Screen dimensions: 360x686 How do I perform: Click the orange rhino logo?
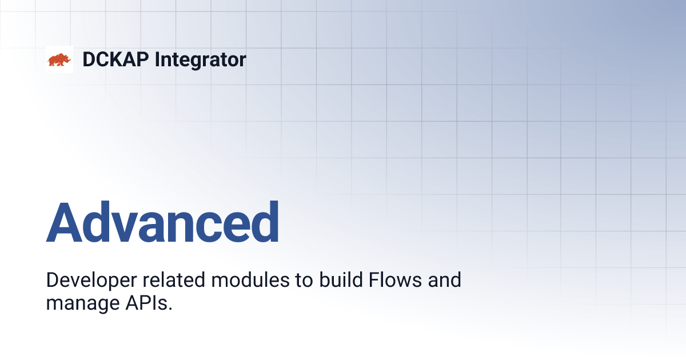[x=59, y=59]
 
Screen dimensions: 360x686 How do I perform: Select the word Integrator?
[x=200, y=59]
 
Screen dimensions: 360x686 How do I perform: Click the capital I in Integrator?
[x=157, y=59]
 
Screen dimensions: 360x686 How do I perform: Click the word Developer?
[x=88, y=281]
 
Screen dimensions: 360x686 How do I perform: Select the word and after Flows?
[x=443, y=281]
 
